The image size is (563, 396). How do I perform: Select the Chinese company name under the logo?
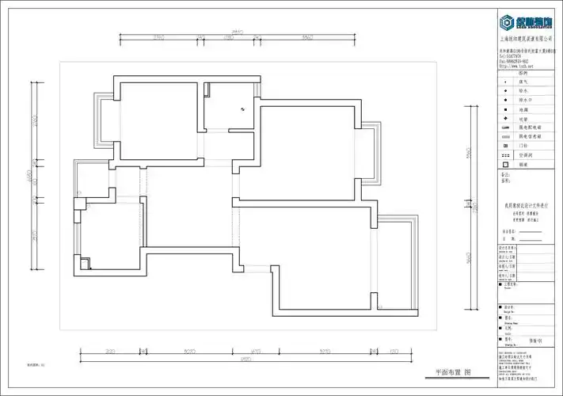(x=527, y=37)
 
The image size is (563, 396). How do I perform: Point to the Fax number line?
(x=519, y=61)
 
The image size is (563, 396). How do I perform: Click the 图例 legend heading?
(x=523, y=73)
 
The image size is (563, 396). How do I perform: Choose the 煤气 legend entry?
(x=523, y=82)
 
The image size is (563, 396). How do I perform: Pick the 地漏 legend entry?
(x=523, y=109)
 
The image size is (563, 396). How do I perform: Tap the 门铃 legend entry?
(x=523, y=146)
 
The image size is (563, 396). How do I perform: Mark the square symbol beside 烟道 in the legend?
(x=505, y=165)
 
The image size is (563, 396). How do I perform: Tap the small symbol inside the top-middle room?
(x=243, y=109)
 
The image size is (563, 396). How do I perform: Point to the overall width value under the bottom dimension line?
(x=246, y=360)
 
